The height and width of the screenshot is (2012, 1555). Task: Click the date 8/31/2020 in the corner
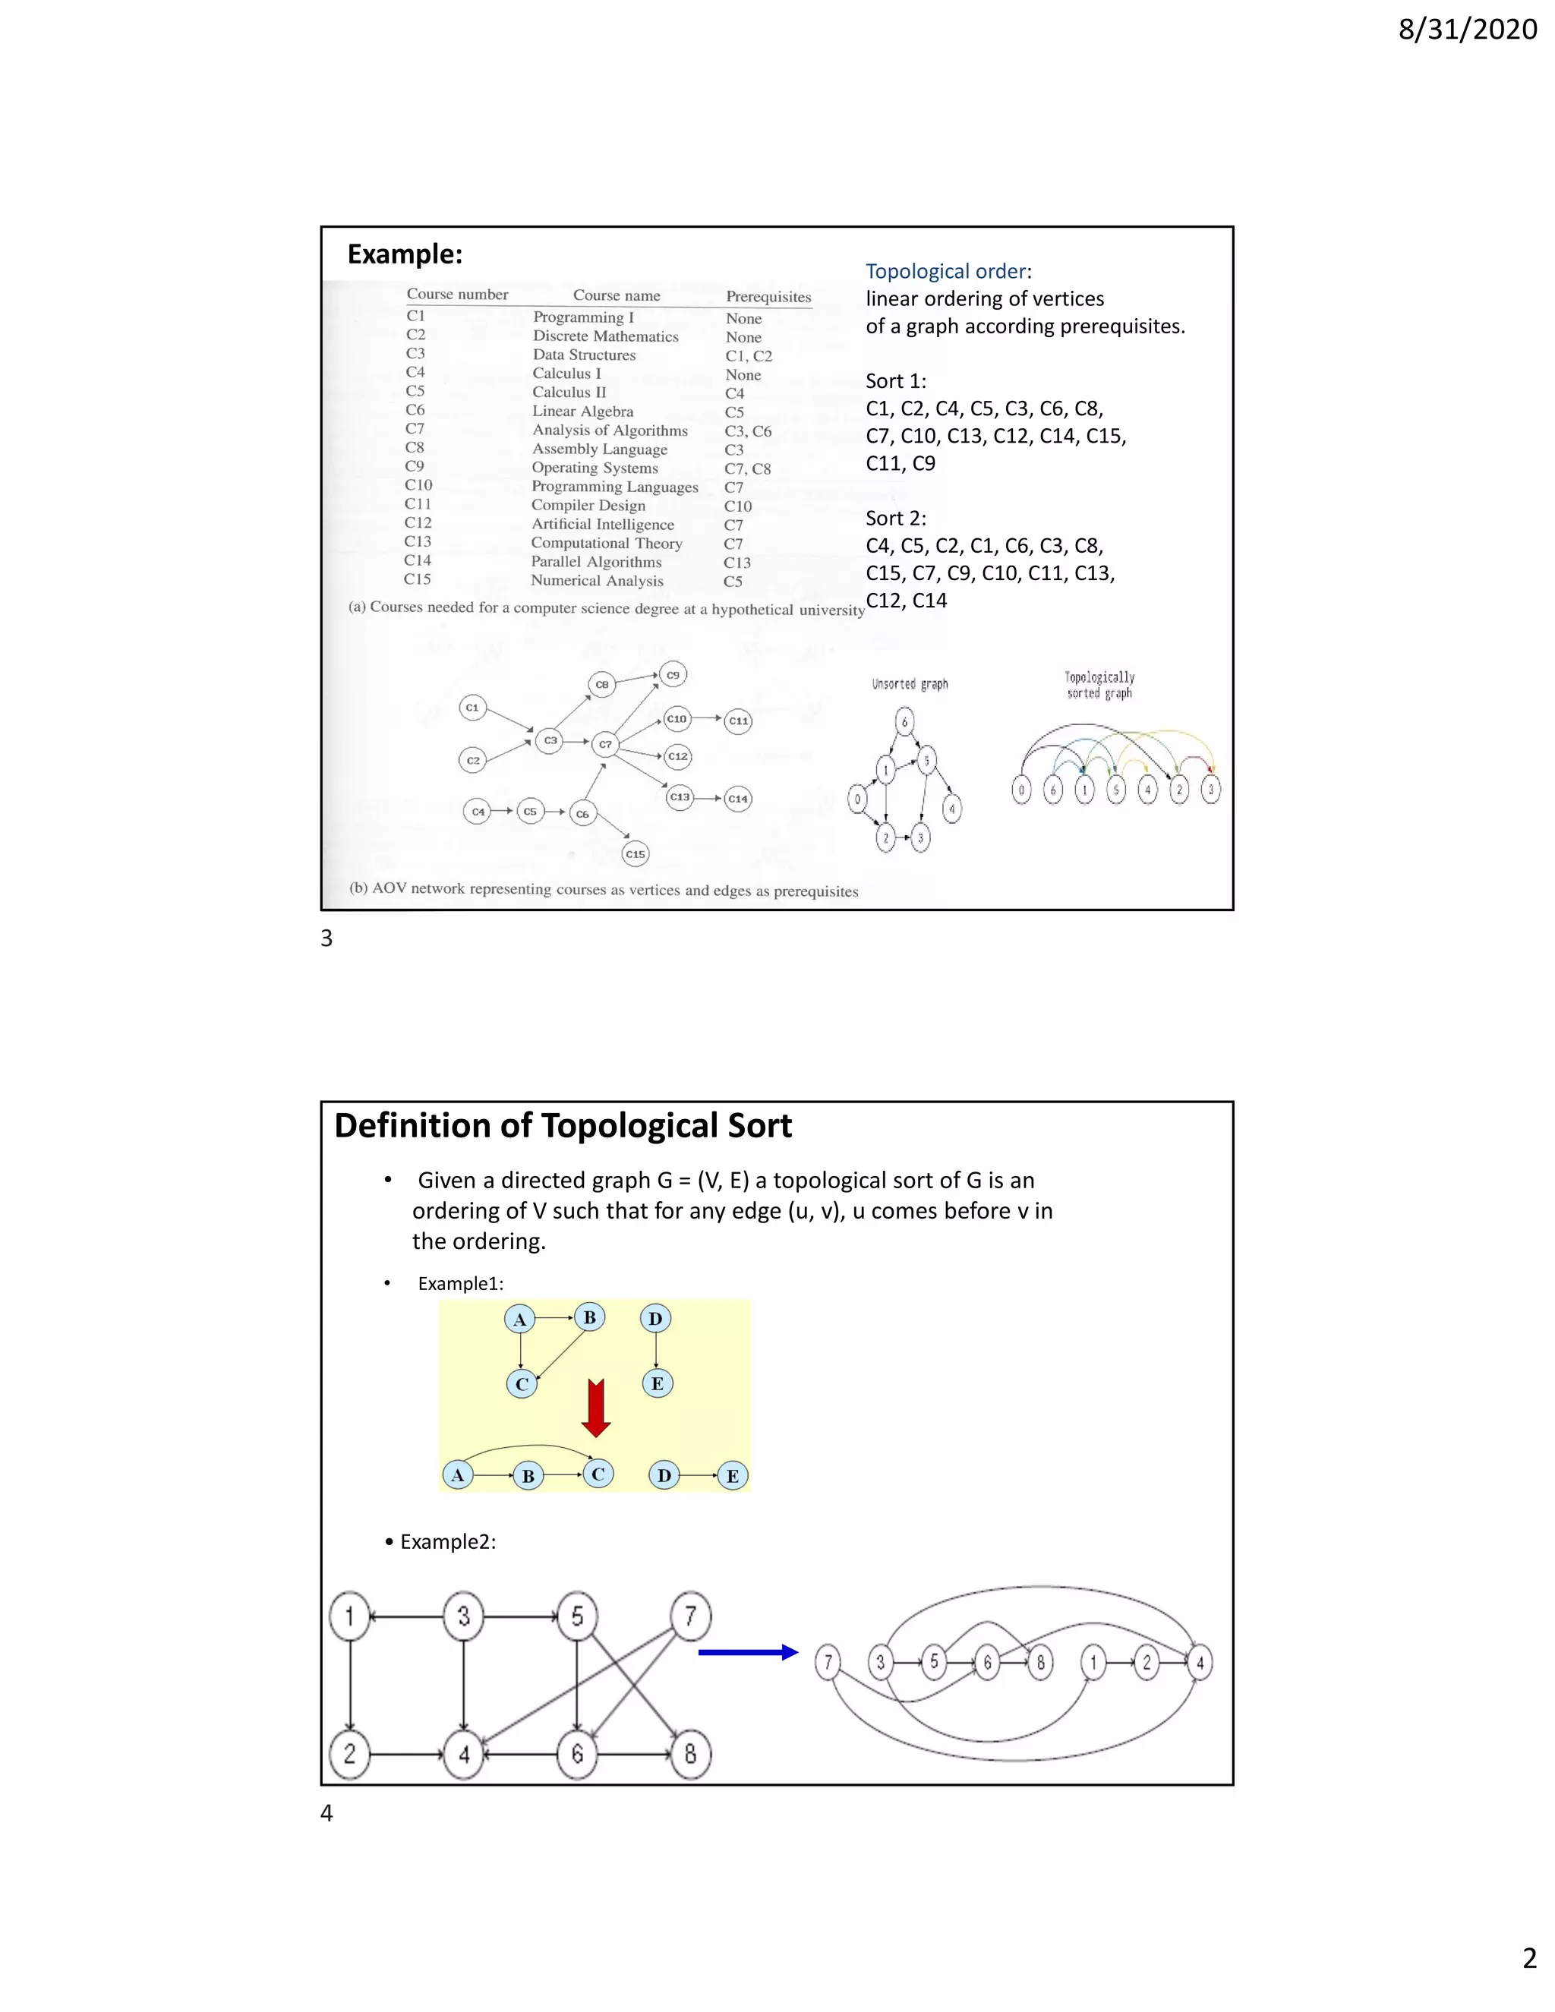(x=1467, y=30)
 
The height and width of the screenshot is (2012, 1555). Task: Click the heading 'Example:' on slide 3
(x=405, y=254)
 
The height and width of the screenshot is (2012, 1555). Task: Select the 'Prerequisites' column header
(x=768, y=297)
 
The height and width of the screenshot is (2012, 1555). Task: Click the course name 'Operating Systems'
(x=595, y=468)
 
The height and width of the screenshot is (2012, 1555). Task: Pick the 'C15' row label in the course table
(x=418, y=579)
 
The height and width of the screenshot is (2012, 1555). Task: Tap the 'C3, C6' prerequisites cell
(x=747, y=431)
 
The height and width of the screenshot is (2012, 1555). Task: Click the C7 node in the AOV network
(x=604, y=744)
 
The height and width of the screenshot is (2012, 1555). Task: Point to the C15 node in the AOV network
(x=635, y=854)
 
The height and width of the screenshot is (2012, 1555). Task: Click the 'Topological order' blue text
(x=945, y=272)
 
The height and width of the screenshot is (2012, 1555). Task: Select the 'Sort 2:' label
(x=895, y=518)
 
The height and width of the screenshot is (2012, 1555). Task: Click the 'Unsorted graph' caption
(x=909, y=685)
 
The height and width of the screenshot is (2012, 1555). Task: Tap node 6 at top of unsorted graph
(x=904, y=722)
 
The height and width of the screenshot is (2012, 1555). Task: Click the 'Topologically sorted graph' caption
(x=1099, y=686)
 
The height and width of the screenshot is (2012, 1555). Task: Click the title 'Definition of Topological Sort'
(x=563, y=1126)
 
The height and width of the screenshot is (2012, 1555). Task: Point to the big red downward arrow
(x=596, y=1408)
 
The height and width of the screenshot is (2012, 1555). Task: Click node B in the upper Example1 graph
(x=588, y=1317)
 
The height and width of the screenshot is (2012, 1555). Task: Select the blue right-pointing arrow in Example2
(x=747, y=1653)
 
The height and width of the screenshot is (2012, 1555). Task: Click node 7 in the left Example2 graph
(x=690, y=1616)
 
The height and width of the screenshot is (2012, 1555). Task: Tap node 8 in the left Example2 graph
(x=690, y=1754)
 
